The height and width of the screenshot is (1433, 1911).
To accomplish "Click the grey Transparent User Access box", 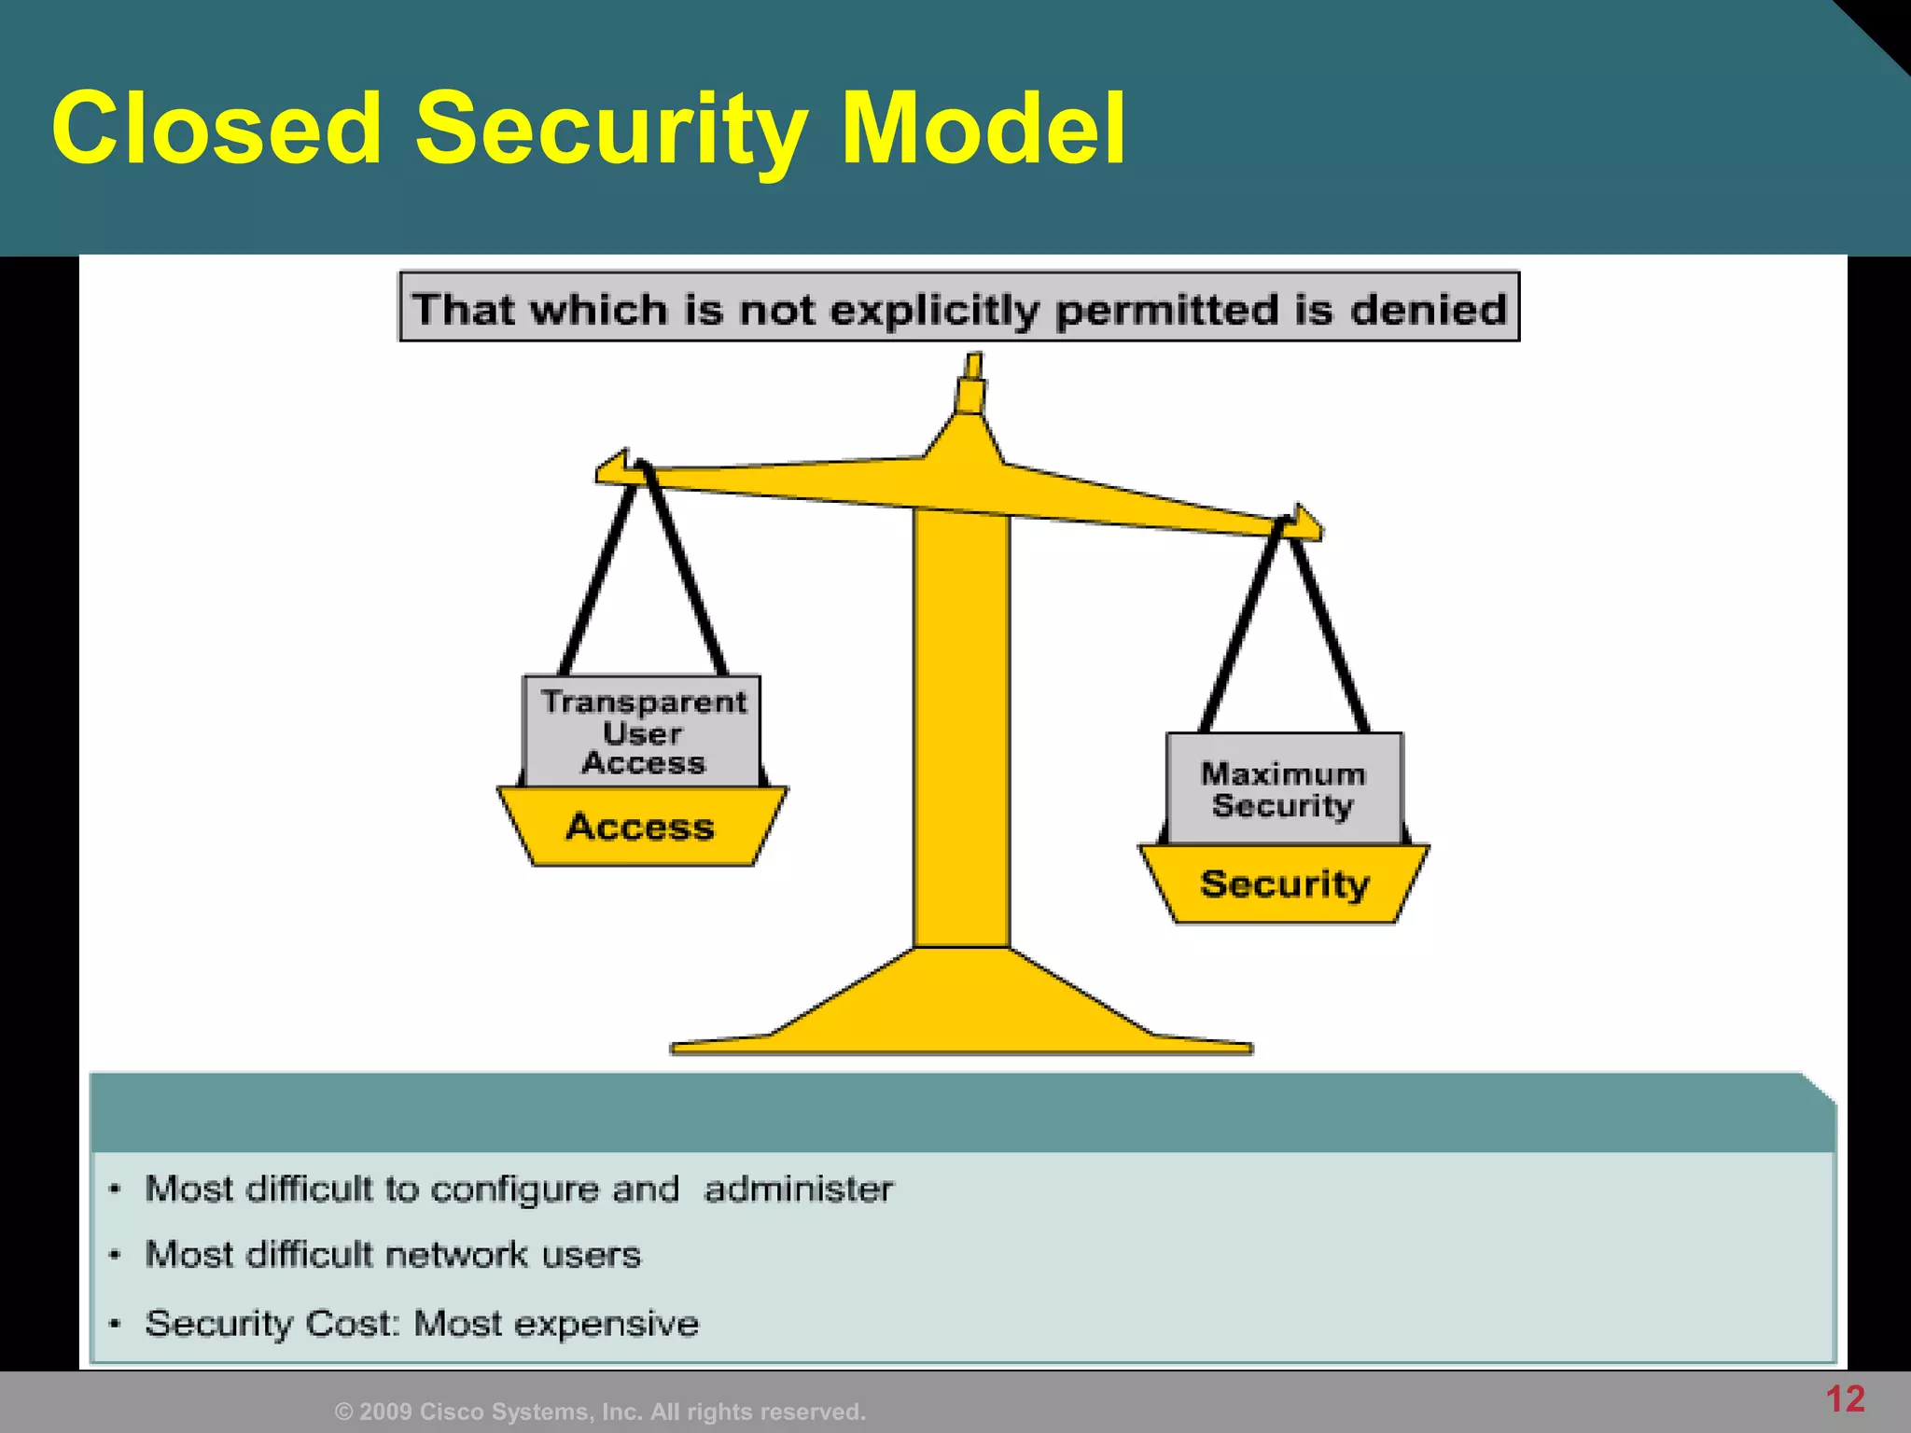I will coord(643,731).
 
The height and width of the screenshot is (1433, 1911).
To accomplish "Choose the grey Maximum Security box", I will coord(1284,789).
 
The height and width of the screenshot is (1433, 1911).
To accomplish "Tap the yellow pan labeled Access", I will coord(641,827).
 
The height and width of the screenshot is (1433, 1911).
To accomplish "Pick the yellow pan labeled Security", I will coord(1284,883).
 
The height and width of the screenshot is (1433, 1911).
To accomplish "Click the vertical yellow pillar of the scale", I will coord(961,728).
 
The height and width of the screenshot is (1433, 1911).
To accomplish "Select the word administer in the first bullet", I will coord(799,1190).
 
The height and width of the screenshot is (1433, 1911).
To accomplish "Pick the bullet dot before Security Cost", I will coord(115,1324).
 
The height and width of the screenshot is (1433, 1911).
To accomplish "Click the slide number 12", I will coord(1845,1398).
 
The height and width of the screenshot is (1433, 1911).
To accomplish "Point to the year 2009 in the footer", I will coord(385,1412).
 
